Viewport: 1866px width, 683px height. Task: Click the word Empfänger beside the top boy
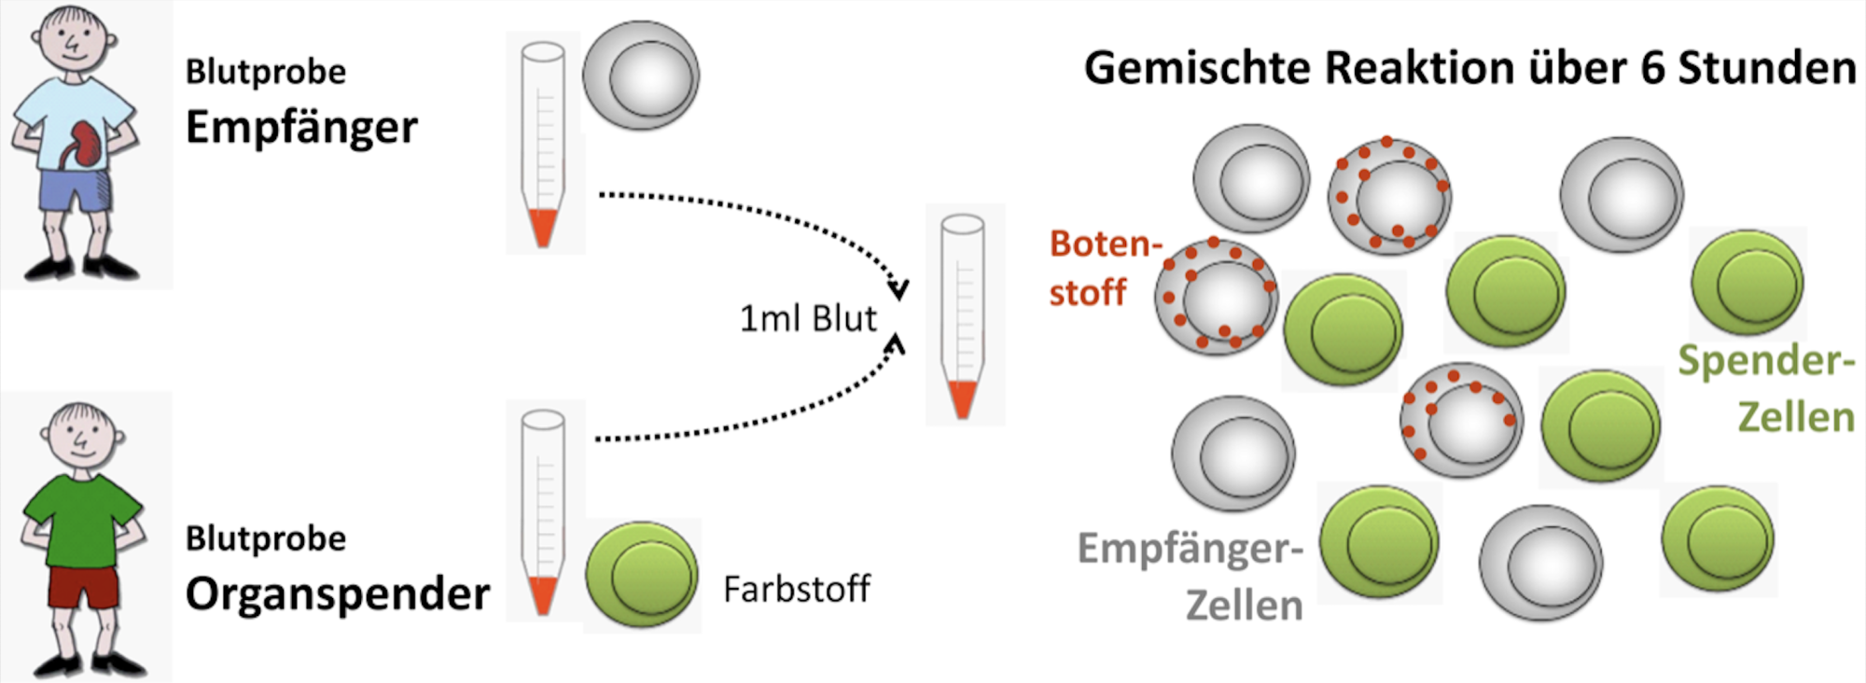[301, 127]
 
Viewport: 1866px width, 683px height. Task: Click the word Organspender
[337, 593]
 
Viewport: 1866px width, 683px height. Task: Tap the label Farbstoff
[796, 590]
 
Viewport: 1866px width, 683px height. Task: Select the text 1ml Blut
[808, 319]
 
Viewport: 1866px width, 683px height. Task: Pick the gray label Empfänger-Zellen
[1191, 576]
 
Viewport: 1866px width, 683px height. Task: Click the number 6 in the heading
[1652, 68]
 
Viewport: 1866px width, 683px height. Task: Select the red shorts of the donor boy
[83, 586]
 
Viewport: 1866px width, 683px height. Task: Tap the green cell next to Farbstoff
[642, 575]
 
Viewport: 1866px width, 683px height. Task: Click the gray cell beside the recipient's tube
[641, 76]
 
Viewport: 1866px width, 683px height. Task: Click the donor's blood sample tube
[543, 511]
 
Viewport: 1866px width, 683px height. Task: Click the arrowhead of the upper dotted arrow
[898, 288]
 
